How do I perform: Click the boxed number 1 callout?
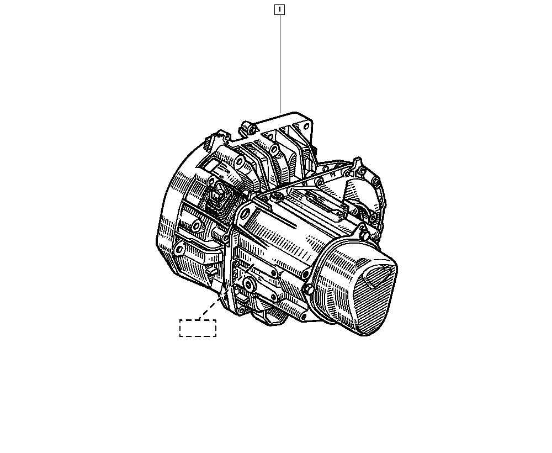pos(279,9)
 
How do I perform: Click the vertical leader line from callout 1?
pos(280,64)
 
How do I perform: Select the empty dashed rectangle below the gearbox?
pos(198,328)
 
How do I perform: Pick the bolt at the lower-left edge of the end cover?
pos(309,290)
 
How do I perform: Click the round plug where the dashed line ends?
pos(250,285)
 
